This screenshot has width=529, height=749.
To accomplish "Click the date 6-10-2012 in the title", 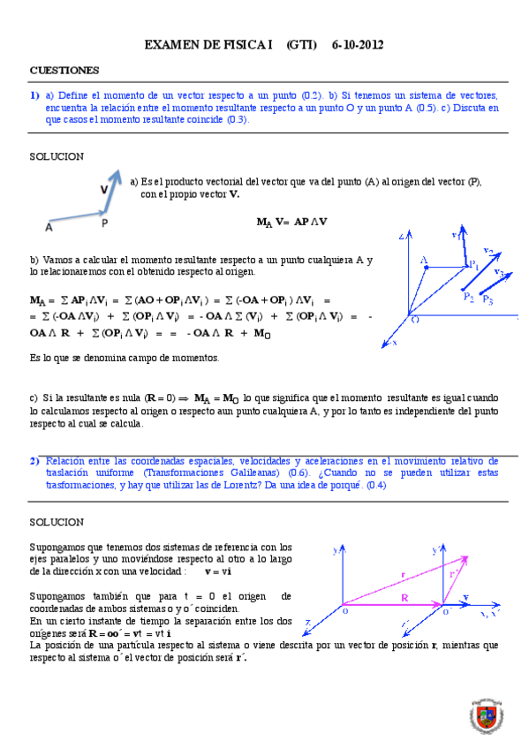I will (x=358, y=44).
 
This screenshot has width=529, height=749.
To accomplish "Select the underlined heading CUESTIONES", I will (x=64, y=69).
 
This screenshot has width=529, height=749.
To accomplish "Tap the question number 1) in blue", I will (x=34, y=95).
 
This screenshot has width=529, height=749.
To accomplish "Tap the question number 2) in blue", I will (x=34, y=461).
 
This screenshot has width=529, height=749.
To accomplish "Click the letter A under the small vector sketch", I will (x=49, y=227).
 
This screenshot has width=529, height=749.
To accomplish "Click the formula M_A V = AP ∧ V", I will (x=291, y=222).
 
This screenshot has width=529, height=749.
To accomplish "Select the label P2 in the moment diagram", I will (x=469, y=298).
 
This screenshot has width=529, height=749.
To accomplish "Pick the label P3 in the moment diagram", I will (x=488, y=302).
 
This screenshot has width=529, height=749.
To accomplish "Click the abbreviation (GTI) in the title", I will (x=303, y=44).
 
